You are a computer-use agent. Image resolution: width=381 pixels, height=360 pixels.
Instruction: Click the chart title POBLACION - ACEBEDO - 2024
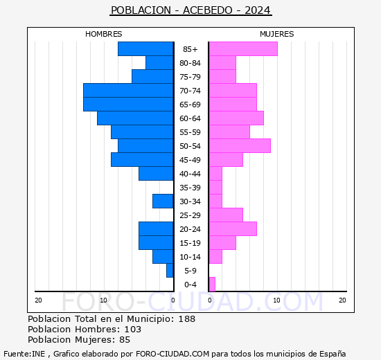[x=190, y=10]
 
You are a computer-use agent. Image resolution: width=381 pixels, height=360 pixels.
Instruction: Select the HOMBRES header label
[x=104, y=34]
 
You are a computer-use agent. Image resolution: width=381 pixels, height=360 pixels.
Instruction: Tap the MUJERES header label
[x=276, y=34]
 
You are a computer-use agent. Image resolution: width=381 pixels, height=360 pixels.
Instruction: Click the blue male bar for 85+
[x=145, y=49]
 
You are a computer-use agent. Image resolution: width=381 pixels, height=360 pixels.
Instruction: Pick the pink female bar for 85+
[x=242, y=49]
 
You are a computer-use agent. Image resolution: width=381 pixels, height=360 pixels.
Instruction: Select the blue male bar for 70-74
[x=128, y=91]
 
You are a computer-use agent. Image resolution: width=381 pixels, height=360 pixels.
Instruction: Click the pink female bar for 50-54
[x=239, y=146]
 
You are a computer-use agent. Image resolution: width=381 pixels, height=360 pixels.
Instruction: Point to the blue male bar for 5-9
[x=170, y=271]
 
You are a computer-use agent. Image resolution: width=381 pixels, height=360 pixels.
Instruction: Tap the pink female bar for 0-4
[x=212, y=285]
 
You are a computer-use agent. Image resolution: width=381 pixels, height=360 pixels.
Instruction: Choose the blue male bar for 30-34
[x=163, y=201]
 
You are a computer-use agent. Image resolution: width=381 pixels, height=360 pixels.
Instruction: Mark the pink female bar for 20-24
[x=232, y=229]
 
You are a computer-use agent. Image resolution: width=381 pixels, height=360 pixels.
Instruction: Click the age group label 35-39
[x=190, y=188]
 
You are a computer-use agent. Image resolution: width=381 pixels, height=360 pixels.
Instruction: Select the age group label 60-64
[x=190, y=118]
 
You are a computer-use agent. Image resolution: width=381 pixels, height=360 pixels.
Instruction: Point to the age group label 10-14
[x=190, y=257]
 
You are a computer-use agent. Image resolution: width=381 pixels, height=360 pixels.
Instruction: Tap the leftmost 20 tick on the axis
[x=39, y=300]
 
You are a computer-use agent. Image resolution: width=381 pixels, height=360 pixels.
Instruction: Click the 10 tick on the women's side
[x=276, y=300]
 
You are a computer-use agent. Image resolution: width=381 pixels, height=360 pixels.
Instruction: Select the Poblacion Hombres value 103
[x=132, y=330]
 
